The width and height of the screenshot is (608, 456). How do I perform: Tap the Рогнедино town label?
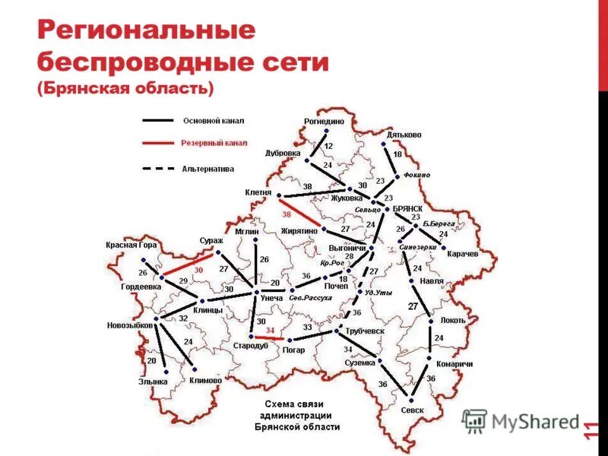[x=324, y=122]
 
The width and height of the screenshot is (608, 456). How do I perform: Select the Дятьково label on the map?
[x=404, y=135]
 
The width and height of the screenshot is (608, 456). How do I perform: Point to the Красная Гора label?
[x=132, y=245]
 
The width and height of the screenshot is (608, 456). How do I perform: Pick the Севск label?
[x=411, y=410]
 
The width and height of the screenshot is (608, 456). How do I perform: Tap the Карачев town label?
[x=462, y=254]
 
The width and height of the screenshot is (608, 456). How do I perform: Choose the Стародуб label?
[x=250, y=347]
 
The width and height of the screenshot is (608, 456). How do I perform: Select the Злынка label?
[x=151, y=382]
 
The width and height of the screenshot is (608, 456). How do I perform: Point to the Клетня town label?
[x=258, y=193]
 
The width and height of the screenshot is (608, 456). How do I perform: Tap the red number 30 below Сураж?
[x=199, y=270]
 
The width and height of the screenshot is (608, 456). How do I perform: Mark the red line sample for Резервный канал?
[x=157, y=143]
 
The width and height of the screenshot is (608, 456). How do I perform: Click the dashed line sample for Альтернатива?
[x=157, y=168]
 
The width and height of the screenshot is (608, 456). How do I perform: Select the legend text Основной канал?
[x=214, y=120]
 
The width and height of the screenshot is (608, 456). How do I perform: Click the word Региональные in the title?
[x=145, y=33]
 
